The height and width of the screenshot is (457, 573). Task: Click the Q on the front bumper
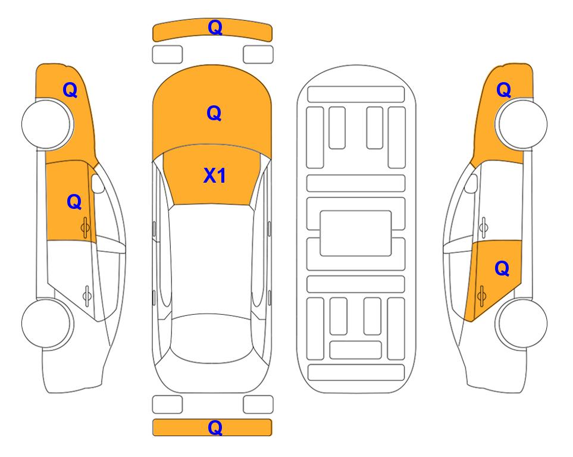click(215, 27)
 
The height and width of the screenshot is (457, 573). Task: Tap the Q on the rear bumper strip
click(215, 427)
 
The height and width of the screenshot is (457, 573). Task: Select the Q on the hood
click(214, 113)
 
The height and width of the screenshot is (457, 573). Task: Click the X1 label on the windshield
click(215, 176)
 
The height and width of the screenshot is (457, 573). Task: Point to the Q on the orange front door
click(74, 202)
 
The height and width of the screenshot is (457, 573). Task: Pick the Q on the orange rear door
click(502, 269)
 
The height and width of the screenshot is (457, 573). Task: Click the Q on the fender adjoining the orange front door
click(70, 90)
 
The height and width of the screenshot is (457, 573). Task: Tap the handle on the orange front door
click(85, 227)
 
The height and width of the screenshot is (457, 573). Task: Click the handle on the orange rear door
click(481, 296)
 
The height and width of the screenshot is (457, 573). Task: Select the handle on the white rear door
click(87, 295)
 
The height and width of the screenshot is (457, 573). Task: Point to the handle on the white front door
click(484, 227)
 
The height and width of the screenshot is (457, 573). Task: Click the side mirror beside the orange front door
click(97, 183)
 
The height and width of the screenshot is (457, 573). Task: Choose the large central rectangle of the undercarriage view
click(356, 233)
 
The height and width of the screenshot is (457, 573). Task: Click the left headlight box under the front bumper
click(167, 55)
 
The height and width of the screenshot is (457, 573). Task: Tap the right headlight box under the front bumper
click(258, 55)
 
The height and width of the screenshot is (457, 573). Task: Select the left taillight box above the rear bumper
click(167, 405)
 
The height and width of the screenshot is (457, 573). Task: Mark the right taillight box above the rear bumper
click(258, 405)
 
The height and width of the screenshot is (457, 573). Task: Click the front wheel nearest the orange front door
click(48, 124)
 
